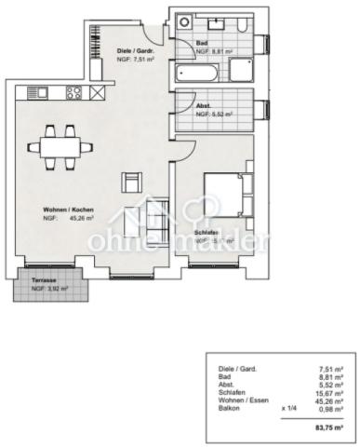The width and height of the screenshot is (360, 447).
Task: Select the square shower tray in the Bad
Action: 244,70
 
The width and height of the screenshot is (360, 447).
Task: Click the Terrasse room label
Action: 43,281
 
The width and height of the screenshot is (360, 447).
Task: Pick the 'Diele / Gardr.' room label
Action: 135,50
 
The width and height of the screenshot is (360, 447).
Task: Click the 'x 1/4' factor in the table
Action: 288,407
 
